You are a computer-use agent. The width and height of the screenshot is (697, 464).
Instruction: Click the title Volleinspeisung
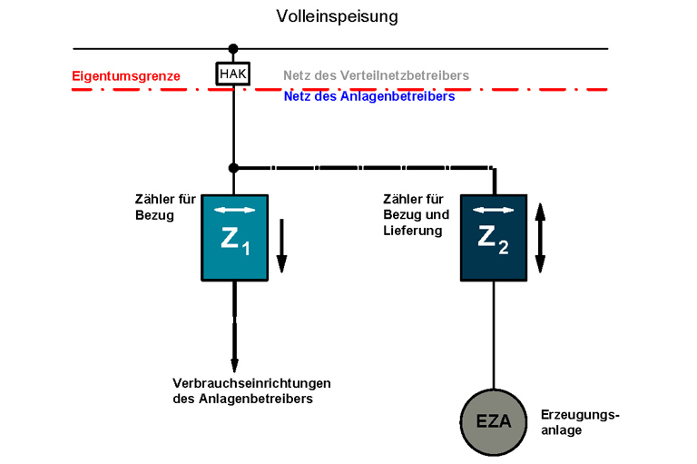pyautogui.click(x=337, y=16)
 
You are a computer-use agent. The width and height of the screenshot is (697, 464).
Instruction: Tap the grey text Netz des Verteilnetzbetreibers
pyautogui.click(x=376, y=75)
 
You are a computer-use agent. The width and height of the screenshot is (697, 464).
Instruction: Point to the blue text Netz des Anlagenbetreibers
pyautogui.click(x=368, y=95)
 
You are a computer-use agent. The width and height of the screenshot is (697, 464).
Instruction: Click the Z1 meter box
pyautogui.click(x=234, y=238)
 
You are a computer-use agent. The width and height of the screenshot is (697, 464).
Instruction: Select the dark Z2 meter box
pyautogui.click(x=493, y=238)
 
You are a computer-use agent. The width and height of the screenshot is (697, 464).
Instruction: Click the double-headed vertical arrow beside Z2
pyautogui.click(x=540, y=238)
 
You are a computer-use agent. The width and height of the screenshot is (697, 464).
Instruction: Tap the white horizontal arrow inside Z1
pyautogui.click(x=234, y=211)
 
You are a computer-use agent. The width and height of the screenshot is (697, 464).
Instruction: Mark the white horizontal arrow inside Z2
pyautogui.click(x=494, y=211)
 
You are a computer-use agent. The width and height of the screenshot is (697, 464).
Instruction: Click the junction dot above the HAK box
pyautogui.click(x=233, y=48)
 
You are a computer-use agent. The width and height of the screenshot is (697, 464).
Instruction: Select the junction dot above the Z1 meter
pyautogui.click(x=233, y=168)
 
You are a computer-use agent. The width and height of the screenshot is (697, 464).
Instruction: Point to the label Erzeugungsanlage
pyautogui.click(x=579, y=422)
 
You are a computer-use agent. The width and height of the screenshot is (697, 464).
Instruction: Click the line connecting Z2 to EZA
pyautogui.click(x=494, y=336)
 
